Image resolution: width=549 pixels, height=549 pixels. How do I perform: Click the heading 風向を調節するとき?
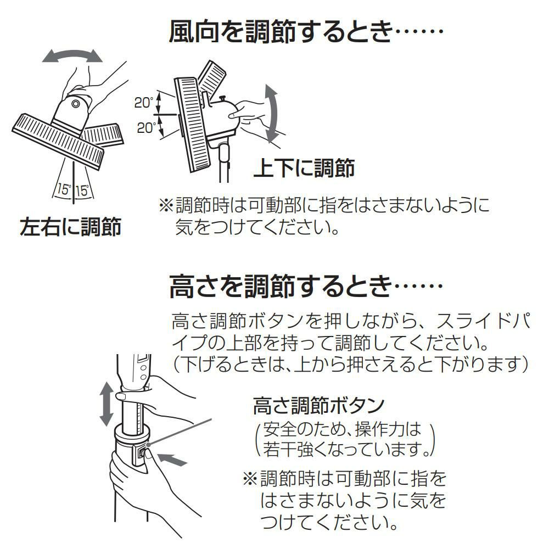point(305,35)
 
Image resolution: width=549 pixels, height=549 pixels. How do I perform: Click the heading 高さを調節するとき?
point(305,287)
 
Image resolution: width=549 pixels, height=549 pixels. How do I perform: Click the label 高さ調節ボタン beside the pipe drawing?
point(318,406)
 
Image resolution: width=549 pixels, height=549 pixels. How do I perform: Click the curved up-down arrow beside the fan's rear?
point(271,113)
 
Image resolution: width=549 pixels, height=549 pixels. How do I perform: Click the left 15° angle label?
point(64,191)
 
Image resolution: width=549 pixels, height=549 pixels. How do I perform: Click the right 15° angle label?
point(82,191)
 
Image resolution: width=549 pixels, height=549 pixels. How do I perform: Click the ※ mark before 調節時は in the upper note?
point(165,206)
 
